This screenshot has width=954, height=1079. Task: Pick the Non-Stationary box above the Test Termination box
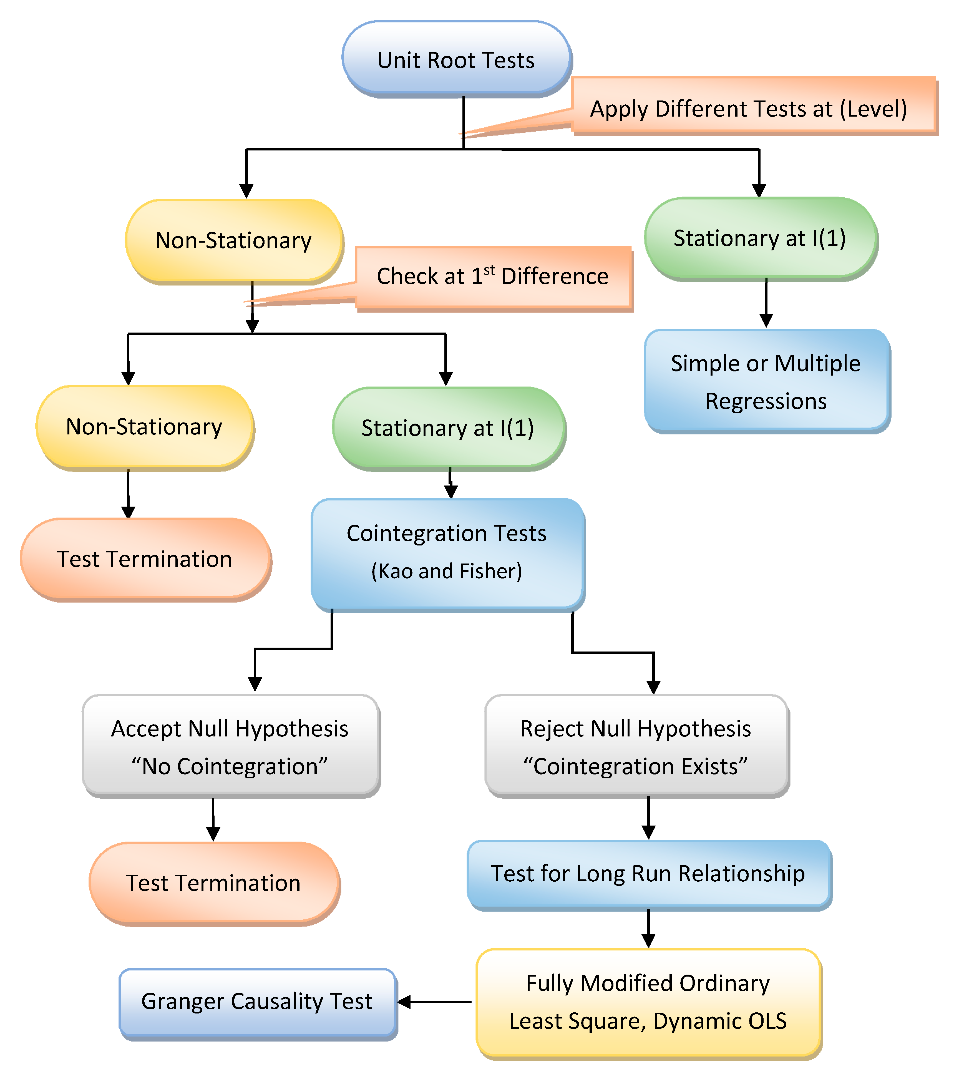point(144,427)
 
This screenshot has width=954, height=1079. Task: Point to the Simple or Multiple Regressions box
point(766,381)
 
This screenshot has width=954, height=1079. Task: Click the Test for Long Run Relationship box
point(648,874)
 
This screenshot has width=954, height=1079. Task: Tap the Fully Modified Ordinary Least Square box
point(648,1002)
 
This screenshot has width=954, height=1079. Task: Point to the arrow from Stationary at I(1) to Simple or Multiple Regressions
point(766,303)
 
